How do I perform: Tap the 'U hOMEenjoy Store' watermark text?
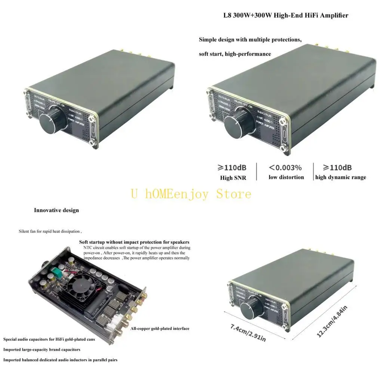pos(191,194)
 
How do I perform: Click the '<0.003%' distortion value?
pos(286,168)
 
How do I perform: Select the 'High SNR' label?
pos(233,178)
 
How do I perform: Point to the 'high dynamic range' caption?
pos(340,177)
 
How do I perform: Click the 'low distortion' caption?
pos(286,177)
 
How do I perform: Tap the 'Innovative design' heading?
pos(56,210)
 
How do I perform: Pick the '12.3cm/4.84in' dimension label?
pos(332,321)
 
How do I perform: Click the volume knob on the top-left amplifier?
pos(51,121)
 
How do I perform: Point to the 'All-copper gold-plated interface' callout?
pos(160,328)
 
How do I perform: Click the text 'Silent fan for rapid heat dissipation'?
pos(50,232)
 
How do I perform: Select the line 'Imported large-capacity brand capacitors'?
pos(42,350)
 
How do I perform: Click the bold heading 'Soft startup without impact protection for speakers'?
pos(134,242)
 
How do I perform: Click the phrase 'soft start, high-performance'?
pos(235,54)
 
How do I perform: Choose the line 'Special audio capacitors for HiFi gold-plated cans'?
pos(49,340)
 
